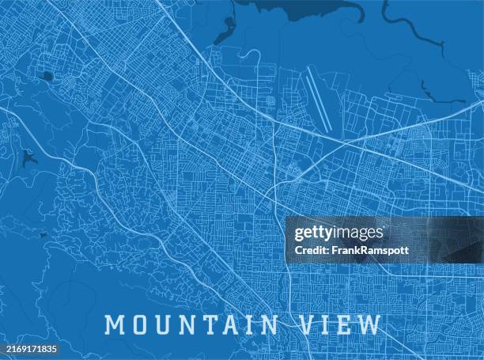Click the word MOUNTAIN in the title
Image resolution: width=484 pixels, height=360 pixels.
click(191, 324)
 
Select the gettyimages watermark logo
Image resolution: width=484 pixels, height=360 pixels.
click(338, 233)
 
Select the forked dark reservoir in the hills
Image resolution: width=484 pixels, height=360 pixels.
click(29, 158)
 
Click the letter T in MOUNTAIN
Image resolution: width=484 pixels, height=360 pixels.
click(204, 324)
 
